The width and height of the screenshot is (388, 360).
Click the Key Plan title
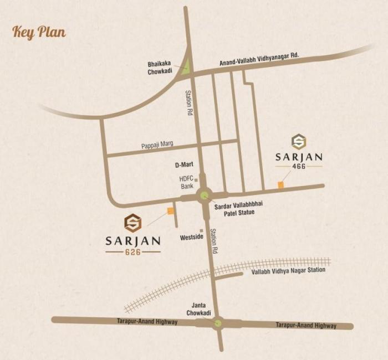[39, 32]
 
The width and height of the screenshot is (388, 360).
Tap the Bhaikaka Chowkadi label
[160, 68]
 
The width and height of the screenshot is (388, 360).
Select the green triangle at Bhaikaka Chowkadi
[187, 68]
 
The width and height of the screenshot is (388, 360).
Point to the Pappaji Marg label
[157, 144]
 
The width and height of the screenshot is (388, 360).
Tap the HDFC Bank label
[186, 183]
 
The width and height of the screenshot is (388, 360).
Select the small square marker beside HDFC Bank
[196, 179]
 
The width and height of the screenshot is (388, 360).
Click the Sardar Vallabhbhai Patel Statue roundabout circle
[205, 194]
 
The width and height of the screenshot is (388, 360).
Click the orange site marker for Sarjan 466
[281, 184]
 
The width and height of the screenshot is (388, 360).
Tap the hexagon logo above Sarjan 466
[299, 142]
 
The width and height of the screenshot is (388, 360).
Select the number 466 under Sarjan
[299, 167]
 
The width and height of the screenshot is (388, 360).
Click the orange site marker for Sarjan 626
[170, 210]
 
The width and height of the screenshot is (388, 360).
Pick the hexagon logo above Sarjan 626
[132, 223]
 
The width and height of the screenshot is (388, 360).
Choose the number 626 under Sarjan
[132, 251]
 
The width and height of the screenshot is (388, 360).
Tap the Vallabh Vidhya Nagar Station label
[288, 271]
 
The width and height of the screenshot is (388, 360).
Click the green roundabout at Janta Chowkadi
[218, 322]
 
